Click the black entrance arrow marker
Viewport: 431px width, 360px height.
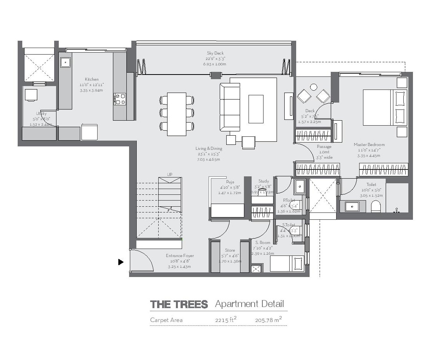point(121,262)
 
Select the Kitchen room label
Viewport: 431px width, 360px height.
point(92,80)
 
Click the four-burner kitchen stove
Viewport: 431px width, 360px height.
point(119,99)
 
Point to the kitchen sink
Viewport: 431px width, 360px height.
point(65,62)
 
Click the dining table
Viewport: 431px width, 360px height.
point(177,114)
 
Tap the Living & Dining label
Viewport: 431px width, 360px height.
point(209,149)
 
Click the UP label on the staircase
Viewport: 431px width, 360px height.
point(170,174)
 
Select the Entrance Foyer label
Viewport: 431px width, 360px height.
point(180,256)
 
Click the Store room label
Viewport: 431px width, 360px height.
point(230,251)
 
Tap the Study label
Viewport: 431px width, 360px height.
point(264,181)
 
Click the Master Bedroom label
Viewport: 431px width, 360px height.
point(369,145)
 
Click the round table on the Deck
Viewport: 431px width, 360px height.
point(313,87)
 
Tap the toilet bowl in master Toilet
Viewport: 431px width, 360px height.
point(376,207)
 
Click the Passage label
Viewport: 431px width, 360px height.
point(324,147)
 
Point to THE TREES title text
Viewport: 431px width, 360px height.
point(179,305)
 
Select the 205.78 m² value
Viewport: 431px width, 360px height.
point(268,320)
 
